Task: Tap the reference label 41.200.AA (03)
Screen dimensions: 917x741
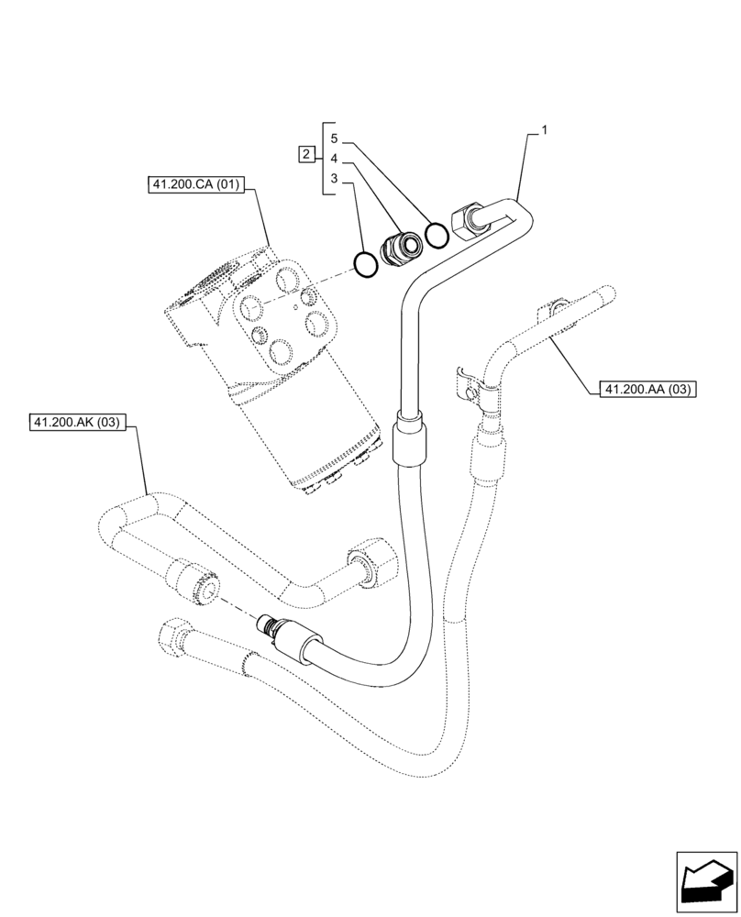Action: click(x=647, y=390)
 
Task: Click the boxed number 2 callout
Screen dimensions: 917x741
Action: click(x=305, y=155)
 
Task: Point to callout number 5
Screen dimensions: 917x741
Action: click(x=335, y=138)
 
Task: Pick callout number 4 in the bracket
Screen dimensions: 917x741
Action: click(x=335, y=158)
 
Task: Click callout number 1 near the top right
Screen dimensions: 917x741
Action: click(x=545, y=130)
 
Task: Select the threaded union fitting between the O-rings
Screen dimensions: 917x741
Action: click(x=401, y=248)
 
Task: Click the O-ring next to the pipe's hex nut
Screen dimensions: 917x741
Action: click(x=437, y=236)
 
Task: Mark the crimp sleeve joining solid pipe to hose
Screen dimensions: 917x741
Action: click(x=409, y=441)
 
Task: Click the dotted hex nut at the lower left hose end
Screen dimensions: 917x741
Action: click(x=174, y=635)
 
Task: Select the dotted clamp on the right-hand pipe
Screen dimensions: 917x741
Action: click(x=470, y=386)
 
